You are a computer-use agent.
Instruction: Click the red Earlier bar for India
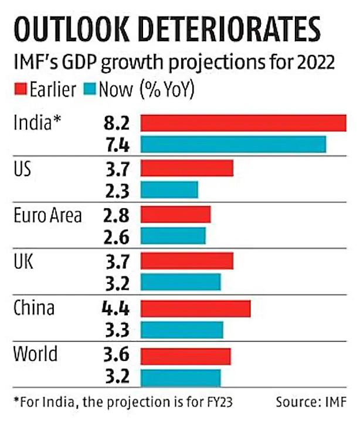tap(243, 123)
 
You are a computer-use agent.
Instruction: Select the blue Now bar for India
tap(233, 144)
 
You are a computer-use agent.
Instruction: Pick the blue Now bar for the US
tap(169, 189)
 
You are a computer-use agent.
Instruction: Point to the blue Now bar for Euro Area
tap(174, 236)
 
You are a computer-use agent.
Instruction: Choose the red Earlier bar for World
tap(186, 356)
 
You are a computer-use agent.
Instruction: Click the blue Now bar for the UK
tap(181, 282)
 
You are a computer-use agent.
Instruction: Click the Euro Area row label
tap(47, 215)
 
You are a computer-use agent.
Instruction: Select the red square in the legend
tap(18, 91)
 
